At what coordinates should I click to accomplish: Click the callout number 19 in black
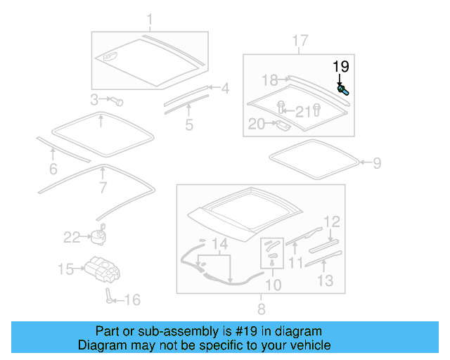pyautogui.click(x=341, y=67)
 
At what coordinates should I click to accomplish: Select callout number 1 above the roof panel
pyautogui.click(x=149, y=18)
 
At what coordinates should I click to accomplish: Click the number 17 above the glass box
pyautogui.click(x=300, y=41)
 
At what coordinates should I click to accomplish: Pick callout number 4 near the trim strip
pyautogui.click(x=224, y=89)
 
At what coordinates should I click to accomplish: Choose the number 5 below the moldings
pyautogui.click(x=189, y=125)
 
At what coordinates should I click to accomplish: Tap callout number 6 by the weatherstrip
pyautogui.click(x=53, y=169)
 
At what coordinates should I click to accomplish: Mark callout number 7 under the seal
pyautogui.click(x=103, y=188)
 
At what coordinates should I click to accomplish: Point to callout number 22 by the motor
pyautogui.click(x=72, y=238)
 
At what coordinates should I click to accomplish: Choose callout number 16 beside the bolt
pyautogui.click(x=132, y=300)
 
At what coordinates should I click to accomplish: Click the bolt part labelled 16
pyautogui.click(x=110, y=295)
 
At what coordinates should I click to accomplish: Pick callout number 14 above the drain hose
pyautogui.click(x=220, y=245)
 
